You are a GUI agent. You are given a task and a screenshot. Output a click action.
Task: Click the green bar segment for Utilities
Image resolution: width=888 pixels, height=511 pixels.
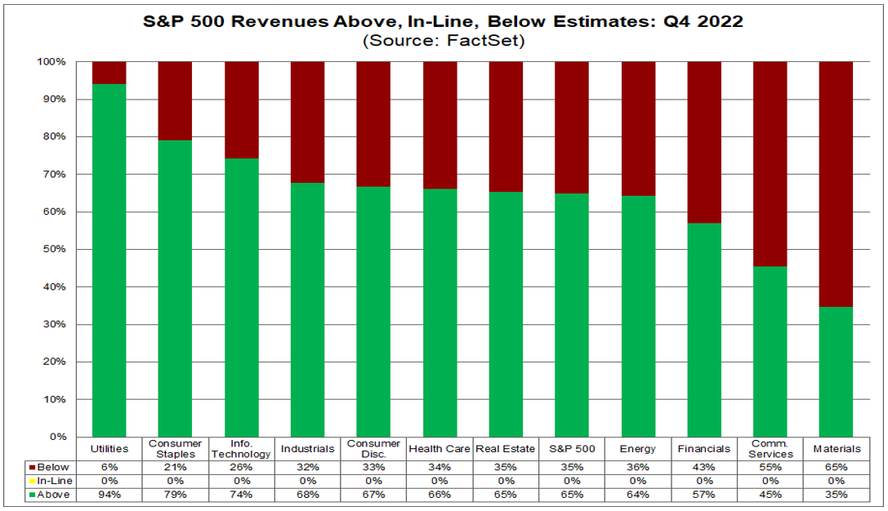click(x=109, y=260)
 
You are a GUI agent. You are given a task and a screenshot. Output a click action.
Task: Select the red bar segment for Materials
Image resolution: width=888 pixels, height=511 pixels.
click(x=836, y=184)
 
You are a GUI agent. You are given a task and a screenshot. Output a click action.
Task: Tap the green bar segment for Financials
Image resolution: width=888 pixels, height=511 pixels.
click(x=704, y=330)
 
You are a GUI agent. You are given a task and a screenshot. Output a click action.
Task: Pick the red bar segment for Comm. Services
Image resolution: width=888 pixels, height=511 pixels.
click(x=770, y=164)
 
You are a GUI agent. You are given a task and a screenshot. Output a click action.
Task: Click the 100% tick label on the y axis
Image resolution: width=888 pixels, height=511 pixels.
click(x=51, y=62)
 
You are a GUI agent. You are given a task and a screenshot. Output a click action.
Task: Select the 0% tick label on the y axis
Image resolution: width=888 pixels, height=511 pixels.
click(x=56, y=437)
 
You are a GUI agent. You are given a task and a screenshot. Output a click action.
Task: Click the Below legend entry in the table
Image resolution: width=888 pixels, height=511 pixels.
click(x=50, y=467)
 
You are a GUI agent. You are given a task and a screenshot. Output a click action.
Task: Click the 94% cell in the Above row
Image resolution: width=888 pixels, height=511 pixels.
click(x=109, y=494)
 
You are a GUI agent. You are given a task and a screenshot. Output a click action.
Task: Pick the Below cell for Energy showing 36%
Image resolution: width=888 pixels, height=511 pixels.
click(x=638, y=467)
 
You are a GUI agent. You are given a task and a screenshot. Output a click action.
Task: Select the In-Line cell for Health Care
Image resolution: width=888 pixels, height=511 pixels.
click(x=440, y=481)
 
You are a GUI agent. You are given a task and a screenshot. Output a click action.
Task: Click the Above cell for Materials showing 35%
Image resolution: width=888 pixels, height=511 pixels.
click(x=837, y=494)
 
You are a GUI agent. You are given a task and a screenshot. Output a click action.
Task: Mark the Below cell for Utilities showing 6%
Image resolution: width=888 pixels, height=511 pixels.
click(x=109, y=467)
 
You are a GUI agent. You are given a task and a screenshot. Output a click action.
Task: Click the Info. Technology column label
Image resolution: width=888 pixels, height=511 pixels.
click(x=241, y=449)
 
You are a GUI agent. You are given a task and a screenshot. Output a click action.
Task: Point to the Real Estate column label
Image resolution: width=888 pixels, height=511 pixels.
click(x=506, y=449)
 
